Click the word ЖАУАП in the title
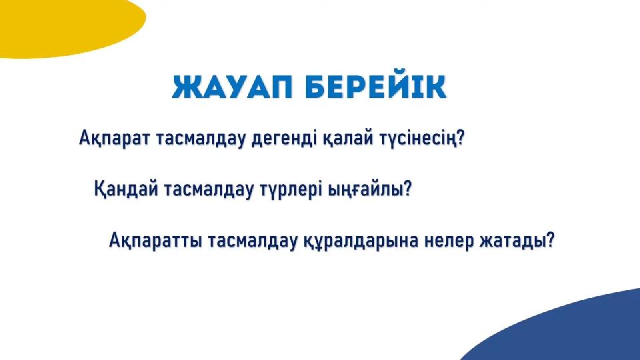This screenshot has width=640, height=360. (x=232, y=87)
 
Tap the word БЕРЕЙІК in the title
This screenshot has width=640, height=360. (x=375, y=87)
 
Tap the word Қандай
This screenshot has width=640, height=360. (x=126, y=189)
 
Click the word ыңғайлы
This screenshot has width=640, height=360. (x=363, y=190)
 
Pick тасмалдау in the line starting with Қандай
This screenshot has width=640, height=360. (x=209, y=190)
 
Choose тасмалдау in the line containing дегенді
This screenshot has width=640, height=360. (x=201, y=139)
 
